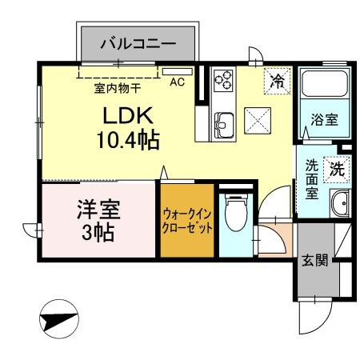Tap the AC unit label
pyautogui.click(x=178, y=80)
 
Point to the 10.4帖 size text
pyautogui.click(x=128, y=141)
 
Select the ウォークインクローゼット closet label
pyautogui.click(x=186, y=219)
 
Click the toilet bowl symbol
pyautogui.click(x=234, y=214)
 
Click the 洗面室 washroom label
pyautogui.click(x=312, y=180)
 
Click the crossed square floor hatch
pyautogui.click(x=260, y=122)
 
